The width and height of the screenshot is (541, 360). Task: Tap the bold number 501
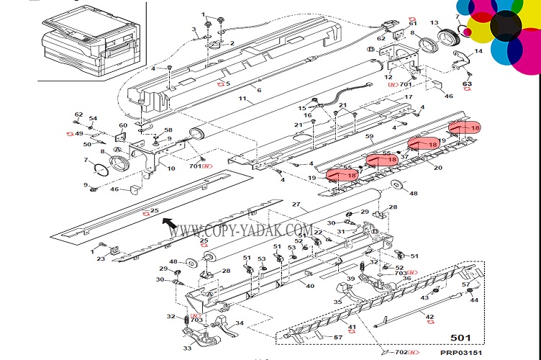tap(461, 337)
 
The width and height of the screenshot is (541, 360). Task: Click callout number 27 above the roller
tap(295, 204)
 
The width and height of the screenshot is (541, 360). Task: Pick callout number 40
tap(310, 287)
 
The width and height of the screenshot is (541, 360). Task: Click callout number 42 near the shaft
tap(430, 318)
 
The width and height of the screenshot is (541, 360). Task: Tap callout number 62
tap(79, 114)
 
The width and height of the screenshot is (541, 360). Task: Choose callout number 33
tap(187, 348)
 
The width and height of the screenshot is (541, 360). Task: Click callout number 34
tap(240, 323)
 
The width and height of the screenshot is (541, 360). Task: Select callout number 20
tap(437, 167)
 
